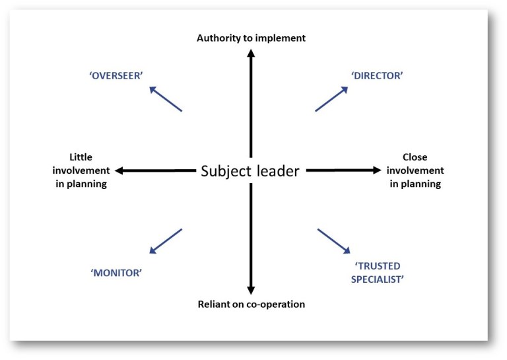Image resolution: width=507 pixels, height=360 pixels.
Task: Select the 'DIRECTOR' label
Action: (x=378, y=75)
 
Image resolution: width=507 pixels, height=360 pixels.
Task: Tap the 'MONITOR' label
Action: (x=117, y=272)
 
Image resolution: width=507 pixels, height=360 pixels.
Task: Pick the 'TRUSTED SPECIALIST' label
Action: (x=378, y=272)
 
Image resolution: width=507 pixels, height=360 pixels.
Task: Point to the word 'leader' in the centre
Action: (x=276, y=172)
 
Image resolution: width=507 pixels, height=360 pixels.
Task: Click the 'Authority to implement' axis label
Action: (x=251, y=38)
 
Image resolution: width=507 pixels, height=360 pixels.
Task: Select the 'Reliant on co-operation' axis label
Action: (x=251, y=305)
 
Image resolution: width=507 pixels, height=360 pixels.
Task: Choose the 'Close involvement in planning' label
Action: (x=415, y=170)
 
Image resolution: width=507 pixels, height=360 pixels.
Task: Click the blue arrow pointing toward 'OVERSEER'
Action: (x=166, y=98)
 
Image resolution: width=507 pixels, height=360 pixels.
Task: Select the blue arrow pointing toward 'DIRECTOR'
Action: (x=331, y=99)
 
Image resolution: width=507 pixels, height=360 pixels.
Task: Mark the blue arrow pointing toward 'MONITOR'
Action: (x=166, y=241)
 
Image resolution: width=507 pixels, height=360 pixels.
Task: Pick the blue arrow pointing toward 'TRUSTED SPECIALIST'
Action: (x=334, y=241)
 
